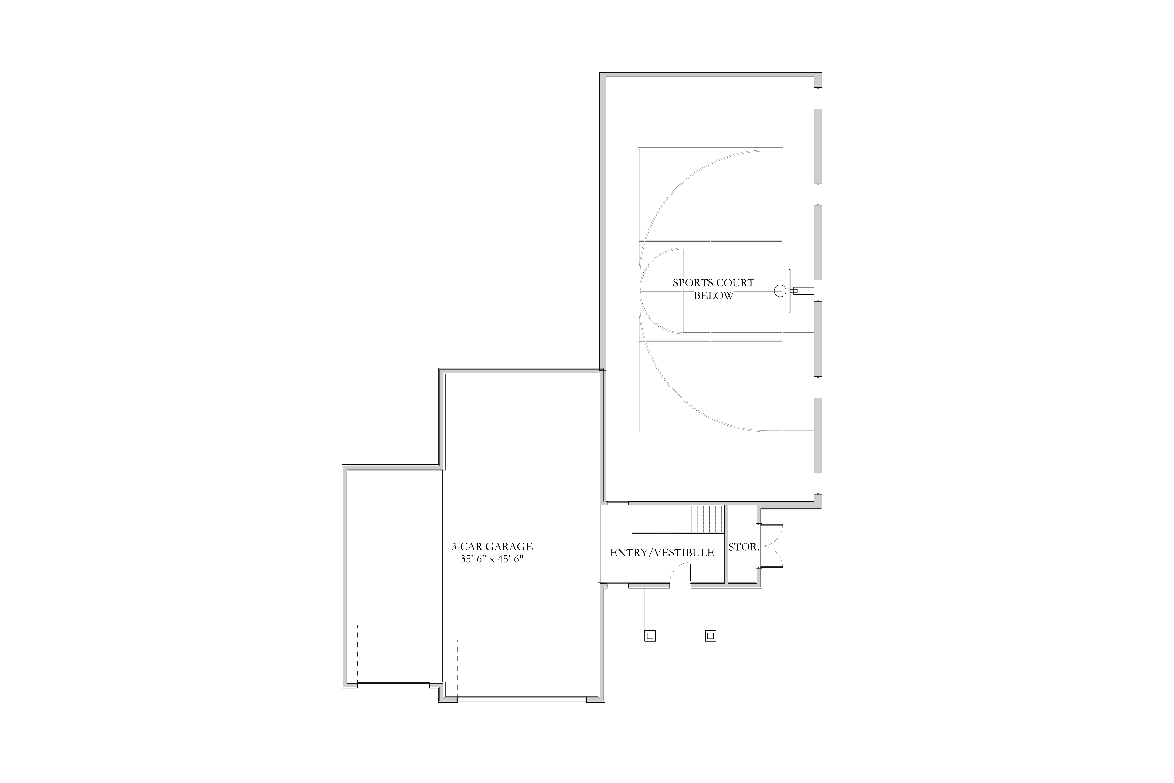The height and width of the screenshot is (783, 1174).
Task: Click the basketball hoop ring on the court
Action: [x=780, y=291]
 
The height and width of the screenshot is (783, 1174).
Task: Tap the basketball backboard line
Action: [x=790, y=291]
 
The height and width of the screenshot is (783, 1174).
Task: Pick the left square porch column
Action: [x=650, y=636]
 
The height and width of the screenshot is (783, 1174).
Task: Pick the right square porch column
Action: [x=710, y=636]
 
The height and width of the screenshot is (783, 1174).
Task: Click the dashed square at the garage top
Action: [x=522, y=383]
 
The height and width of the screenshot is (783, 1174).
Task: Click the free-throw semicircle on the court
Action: [x=649, y=291]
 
